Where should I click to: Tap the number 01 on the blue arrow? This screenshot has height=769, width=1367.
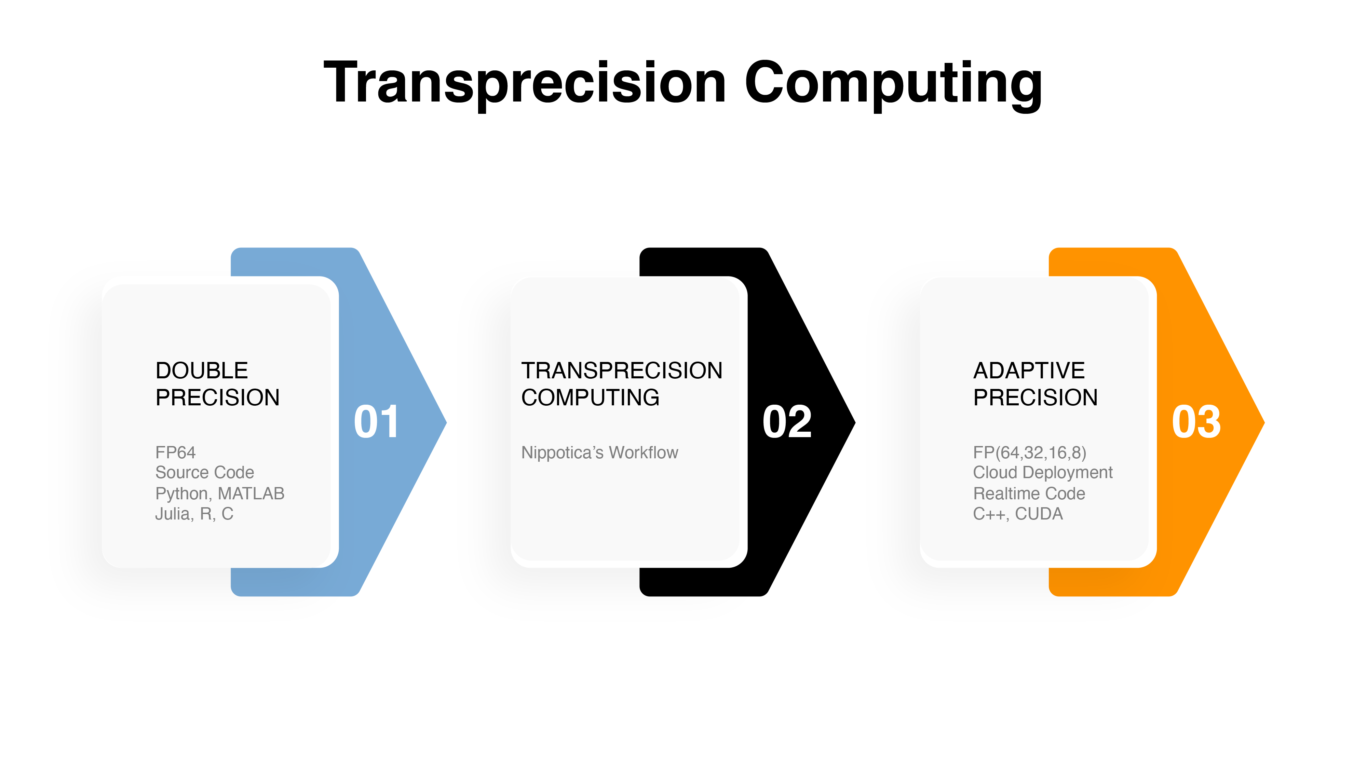(x=376, y=421)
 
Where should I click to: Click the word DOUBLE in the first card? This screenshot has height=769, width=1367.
(x=202, y=370)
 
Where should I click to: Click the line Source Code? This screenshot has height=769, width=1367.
(x=205, y=472)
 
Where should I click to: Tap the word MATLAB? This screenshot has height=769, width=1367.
(x=252, y=494)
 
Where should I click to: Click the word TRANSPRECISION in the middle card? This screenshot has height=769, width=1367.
(x=622, y=370)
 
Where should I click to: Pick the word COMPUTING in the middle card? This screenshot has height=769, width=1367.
(x=591, y=397)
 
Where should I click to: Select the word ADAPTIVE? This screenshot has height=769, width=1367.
(x=1029, y=370)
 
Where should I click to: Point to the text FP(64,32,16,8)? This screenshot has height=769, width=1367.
(x=1029, y=453)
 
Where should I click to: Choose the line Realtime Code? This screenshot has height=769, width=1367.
(x=1029, y=494)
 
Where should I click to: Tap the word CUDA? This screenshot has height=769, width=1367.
(x=1039, y=514)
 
